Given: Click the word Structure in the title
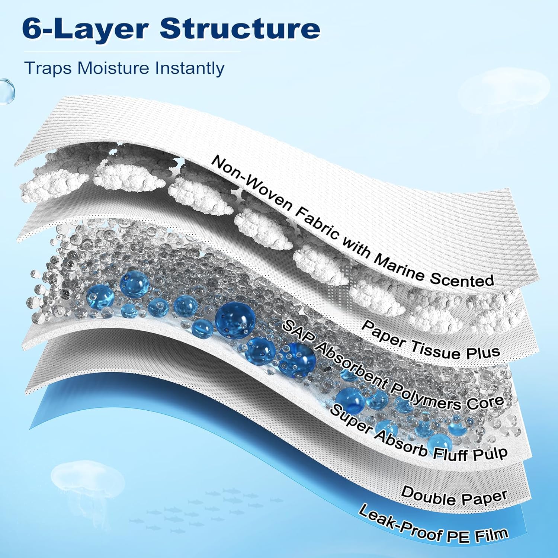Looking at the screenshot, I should pyautogui.click(x=240, y=29).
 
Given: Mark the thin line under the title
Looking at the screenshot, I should pyautogui.click(x=132, y=52).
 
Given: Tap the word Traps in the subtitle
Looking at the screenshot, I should pyautogui.click(x=48, y=68).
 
